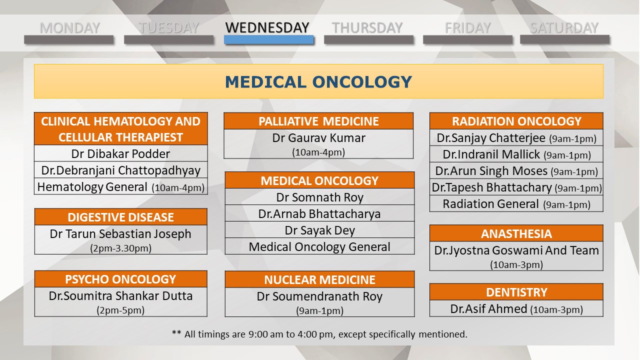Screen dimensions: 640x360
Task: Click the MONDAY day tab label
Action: click(69, 28)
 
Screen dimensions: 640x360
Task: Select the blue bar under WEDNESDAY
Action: click(268, 39)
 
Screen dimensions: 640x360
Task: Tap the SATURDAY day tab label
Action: click(564, 28)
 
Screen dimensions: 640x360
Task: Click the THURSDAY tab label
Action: click(367, 28)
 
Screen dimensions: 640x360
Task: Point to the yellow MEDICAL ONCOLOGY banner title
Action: click(318, 82)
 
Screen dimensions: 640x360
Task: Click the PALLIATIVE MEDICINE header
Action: click(318, 121)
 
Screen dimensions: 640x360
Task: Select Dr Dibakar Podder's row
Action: click(120, 153)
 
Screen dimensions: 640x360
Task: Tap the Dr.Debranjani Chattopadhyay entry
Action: click(120, 170)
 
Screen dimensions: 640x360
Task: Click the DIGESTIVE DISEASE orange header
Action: click(120, 217)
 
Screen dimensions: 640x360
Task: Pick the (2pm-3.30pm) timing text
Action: click(120, 248)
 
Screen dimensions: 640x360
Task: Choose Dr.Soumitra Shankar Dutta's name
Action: click(120, 295)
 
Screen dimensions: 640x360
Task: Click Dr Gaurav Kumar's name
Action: click(318, 138)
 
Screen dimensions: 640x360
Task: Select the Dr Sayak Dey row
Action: click(319, 230)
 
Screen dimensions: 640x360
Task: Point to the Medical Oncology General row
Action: click(319, 246)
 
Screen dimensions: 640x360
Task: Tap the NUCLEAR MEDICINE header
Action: click(319, 279)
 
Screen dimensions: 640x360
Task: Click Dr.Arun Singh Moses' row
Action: click(516, 171)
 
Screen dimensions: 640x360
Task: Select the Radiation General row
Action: click(516, 204)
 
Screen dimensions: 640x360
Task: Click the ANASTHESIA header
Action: click(516, 233)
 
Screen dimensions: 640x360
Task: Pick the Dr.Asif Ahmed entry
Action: click(516, 309)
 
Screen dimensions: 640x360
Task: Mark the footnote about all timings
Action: click(319, 334)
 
